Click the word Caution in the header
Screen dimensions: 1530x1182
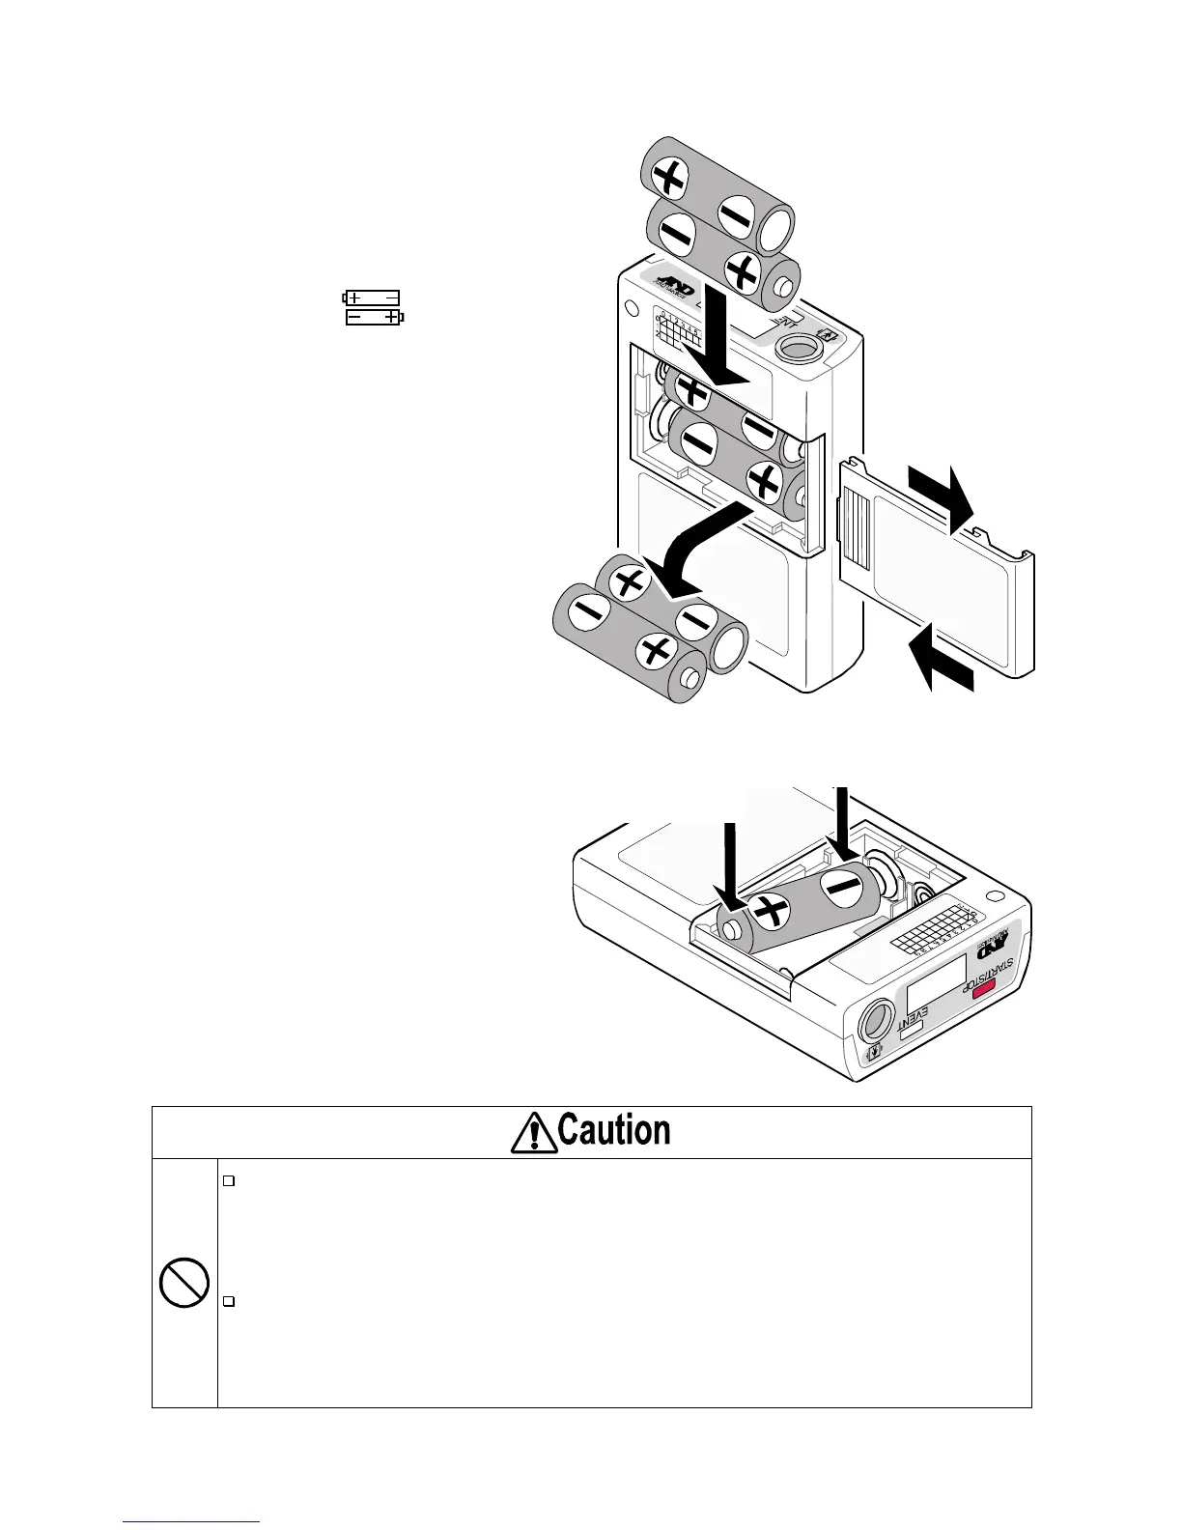pos(614,1131)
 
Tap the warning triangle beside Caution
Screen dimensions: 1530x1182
pos(532,1133)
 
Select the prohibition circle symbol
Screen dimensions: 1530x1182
pos(184,1283)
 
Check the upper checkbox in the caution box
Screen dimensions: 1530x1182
pos(229,1180)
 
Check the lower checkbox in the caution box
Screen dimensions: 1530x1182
pos(229,1302)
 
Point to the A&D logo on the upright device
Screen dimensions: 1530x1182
pos(671,283)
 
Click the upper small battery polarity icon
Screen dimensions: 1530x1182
pos(372,297)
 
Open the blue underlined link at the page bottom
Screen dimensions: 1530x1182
pos(192,1520)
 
